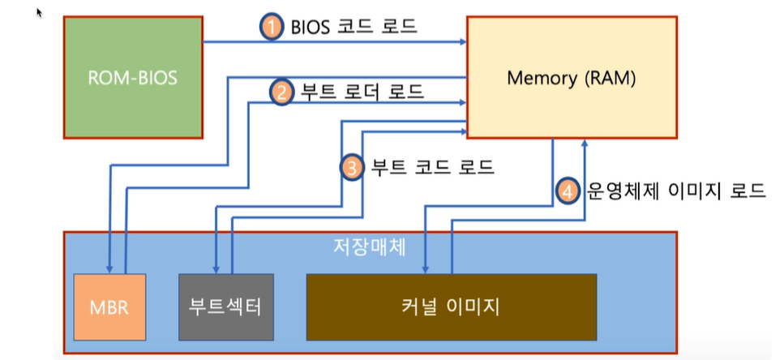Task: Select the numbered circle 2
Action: pos(281,92)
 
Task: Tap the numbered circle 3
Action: pos(351,168)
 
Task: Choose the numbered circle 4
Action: pos(568,191)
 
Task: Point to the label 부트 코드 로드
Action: pos(431,168)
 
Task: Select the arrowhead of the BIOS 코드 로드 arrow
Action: pos(463,42)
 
